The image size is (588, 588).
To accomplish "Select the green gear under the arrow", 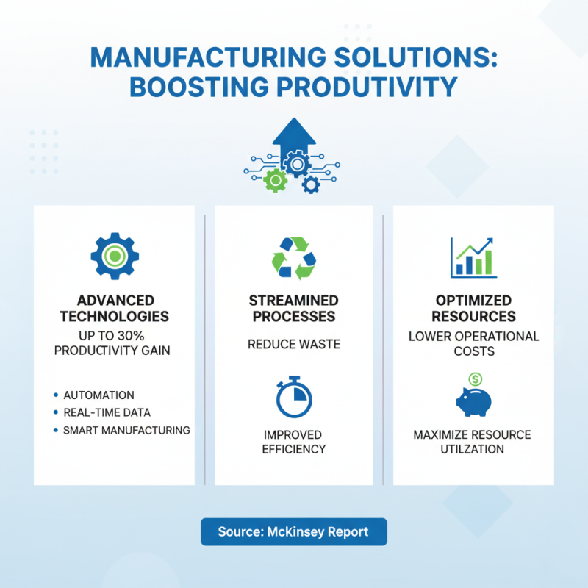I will (275, 179).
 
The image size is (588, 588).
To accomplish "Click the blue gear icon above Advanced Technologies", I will (115, 255).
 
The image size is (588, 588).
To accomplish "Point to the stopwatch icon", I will (294, 398).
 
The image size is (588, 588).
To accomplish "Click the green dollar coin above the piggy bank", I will (475, 379).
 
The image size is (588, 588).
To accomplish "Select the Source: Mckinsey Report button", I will (294, 531).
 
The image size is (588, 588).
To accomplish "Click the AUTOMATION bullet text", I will (98, 395).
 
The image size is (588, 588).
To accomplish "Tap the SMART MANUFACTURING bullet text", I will (126, 430).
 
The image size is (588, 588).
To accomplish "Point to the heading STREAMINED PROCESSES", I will (294, 309).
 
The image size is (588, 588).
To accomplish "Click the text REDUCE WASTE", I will (294, 344).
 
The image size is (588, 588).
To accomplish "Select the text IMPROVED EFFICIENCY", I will (294, 442).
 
